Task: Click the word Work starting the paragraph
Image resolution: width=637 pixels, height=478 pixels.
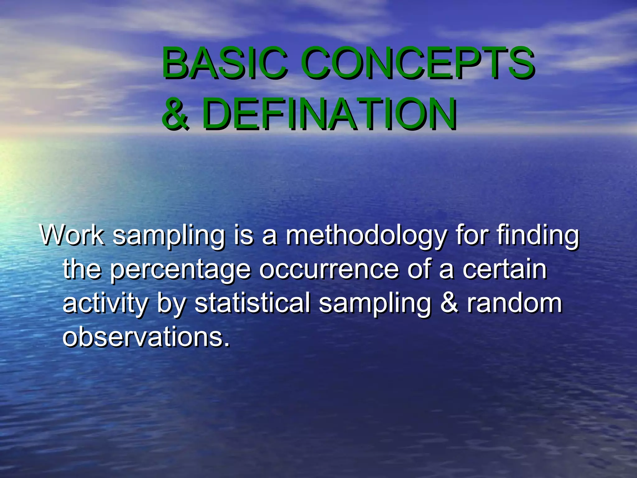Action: click(x=72, y=235)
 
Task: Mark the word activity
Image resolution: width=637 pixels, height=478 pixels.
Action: click(x=105, y=304)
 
